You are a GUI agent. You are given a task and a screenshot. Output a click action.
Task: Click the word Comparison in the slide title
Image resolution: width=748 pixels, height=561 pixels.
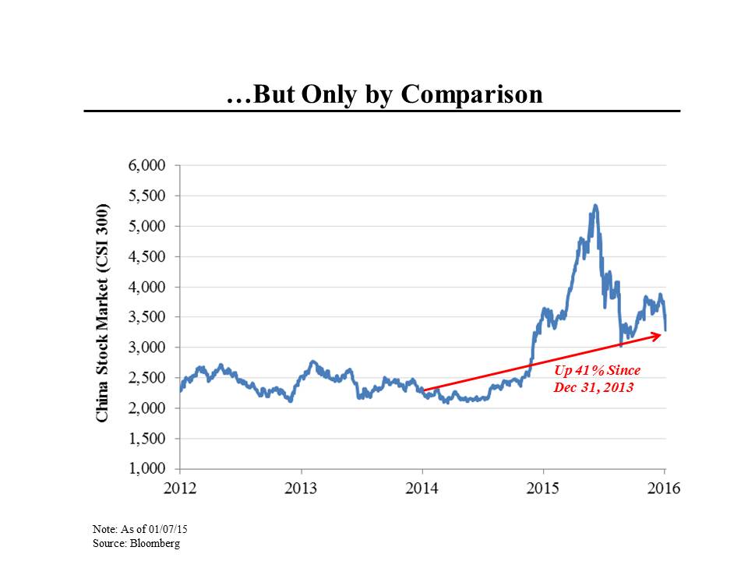(x=471, y=94)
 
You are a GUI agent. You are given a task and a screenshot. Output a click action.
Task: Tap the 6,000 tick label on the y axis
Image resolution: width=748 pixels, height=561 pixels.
(x=148, y=166)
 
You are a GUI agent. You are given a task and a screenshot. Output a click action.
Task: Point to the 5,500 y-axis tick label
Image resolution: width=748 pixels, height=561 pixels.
(x=148, y=196)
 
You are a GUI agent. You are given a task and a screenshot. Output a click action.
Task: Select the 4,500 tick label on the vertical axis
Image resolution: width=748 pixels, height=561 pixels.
(x=148, y=257)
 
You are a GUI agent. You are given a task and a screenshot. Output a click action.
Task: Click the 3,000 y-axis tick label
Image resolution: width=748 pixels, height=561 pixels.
(x=148, y=348)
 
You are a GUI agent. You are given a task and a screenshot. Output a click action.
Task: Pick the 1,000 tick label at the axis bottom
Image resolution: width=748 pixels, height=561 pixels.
(x=148, y=469)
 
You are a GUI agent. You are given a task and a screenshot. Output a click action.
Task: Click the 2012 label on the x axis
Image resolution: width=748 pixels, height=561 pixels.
(x=180, y=489)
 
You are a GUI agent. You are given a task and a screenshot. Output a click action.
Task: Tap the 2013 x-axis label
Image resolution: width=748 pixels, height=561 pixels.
(x=301, y=489)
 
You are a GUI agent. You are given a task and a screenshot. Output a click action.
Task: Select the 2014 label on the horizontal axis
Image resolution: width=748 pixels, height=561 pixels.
(x=422, y=489)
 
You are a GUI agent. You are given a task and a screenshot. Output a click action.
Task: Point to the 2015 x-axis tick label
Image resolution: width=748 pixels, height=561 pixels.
(x=543, y=489)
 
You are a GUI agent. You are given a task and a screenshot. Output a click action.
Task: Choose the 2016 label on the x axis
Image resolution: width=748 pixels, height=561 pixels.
(x=664, y=489)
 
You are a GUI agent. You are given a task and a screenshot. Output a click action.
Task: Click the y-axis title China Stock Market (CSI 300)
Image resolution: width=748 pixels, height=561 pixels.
(x=102, y=313)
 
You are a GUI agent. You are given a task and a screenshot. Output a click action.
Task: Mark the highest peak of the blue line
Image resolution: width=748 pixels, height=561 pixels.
(x=595, y=206)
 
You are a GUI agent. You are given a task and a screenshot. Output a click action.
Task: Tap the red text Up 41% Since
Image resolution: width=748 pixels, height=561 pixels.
(x=597, y=372)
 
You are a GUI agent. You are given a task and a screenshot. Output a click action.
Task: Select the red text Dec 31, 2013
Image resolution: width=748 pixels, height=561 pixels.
(x=594, y=386)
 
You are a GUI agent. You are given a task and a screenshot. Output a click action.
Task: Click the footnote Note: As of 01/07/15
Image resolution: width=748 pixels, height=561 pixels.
(x=140, y=530)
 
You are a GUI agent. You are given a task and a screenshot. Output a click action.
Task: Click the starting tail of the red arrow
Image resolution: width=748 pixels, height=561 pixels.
(x=424, y=390)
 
